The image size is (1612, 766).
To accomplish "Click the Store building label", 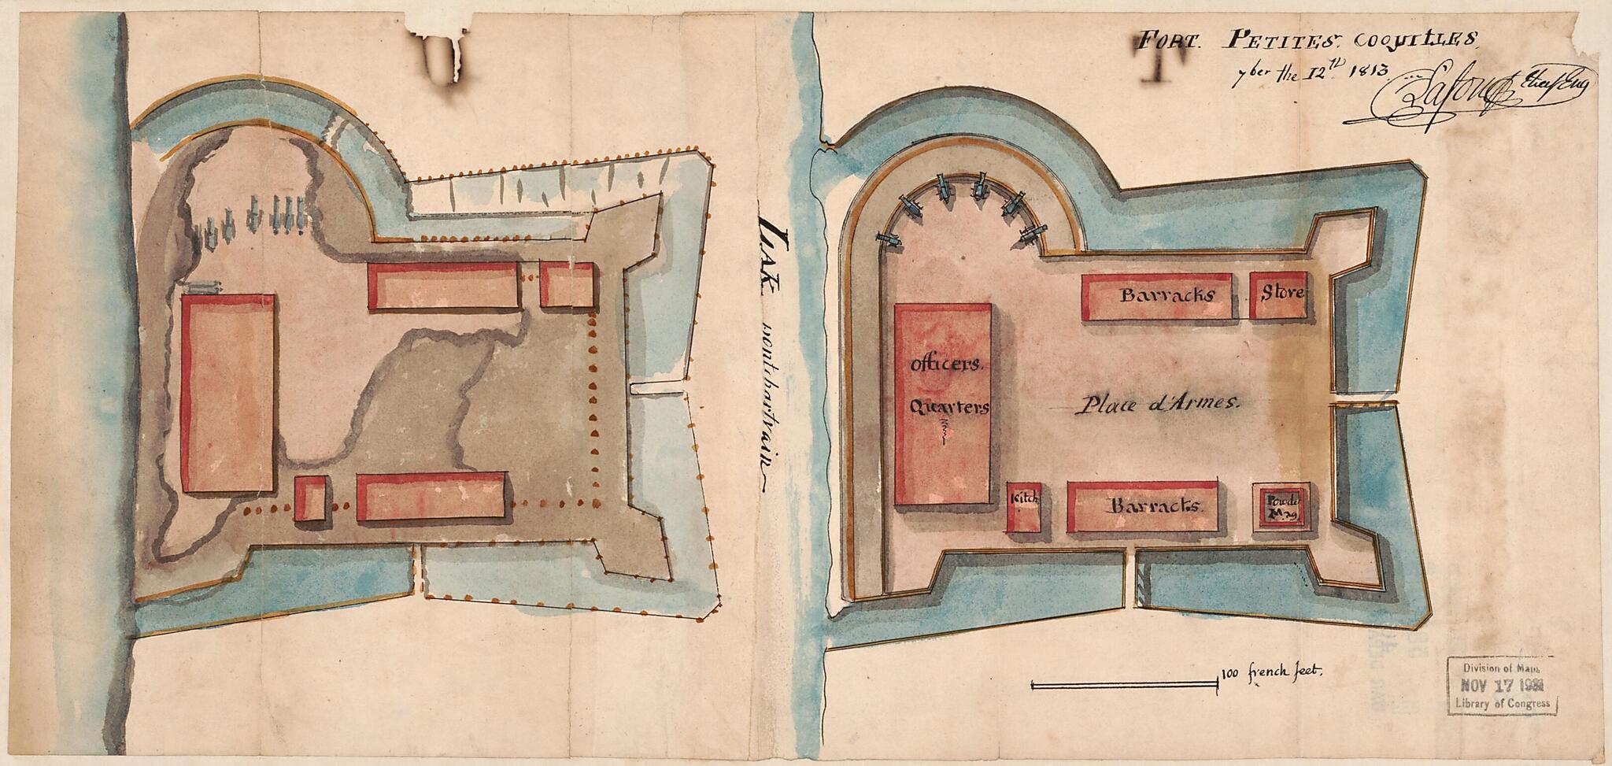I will [x=1283, y=294].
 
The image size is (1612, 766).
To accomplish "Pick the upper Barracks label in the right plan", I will [x=1167, y=296].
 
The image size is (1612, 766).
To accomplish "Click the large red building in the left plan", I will [x=228, y=394].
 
